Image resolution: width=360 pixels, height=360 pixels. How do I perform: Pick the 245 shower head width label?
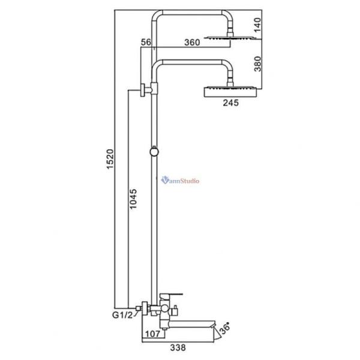pos(230,103)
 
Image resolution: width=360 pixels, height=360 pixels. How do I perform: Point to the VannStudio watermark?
pos(181,180)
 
